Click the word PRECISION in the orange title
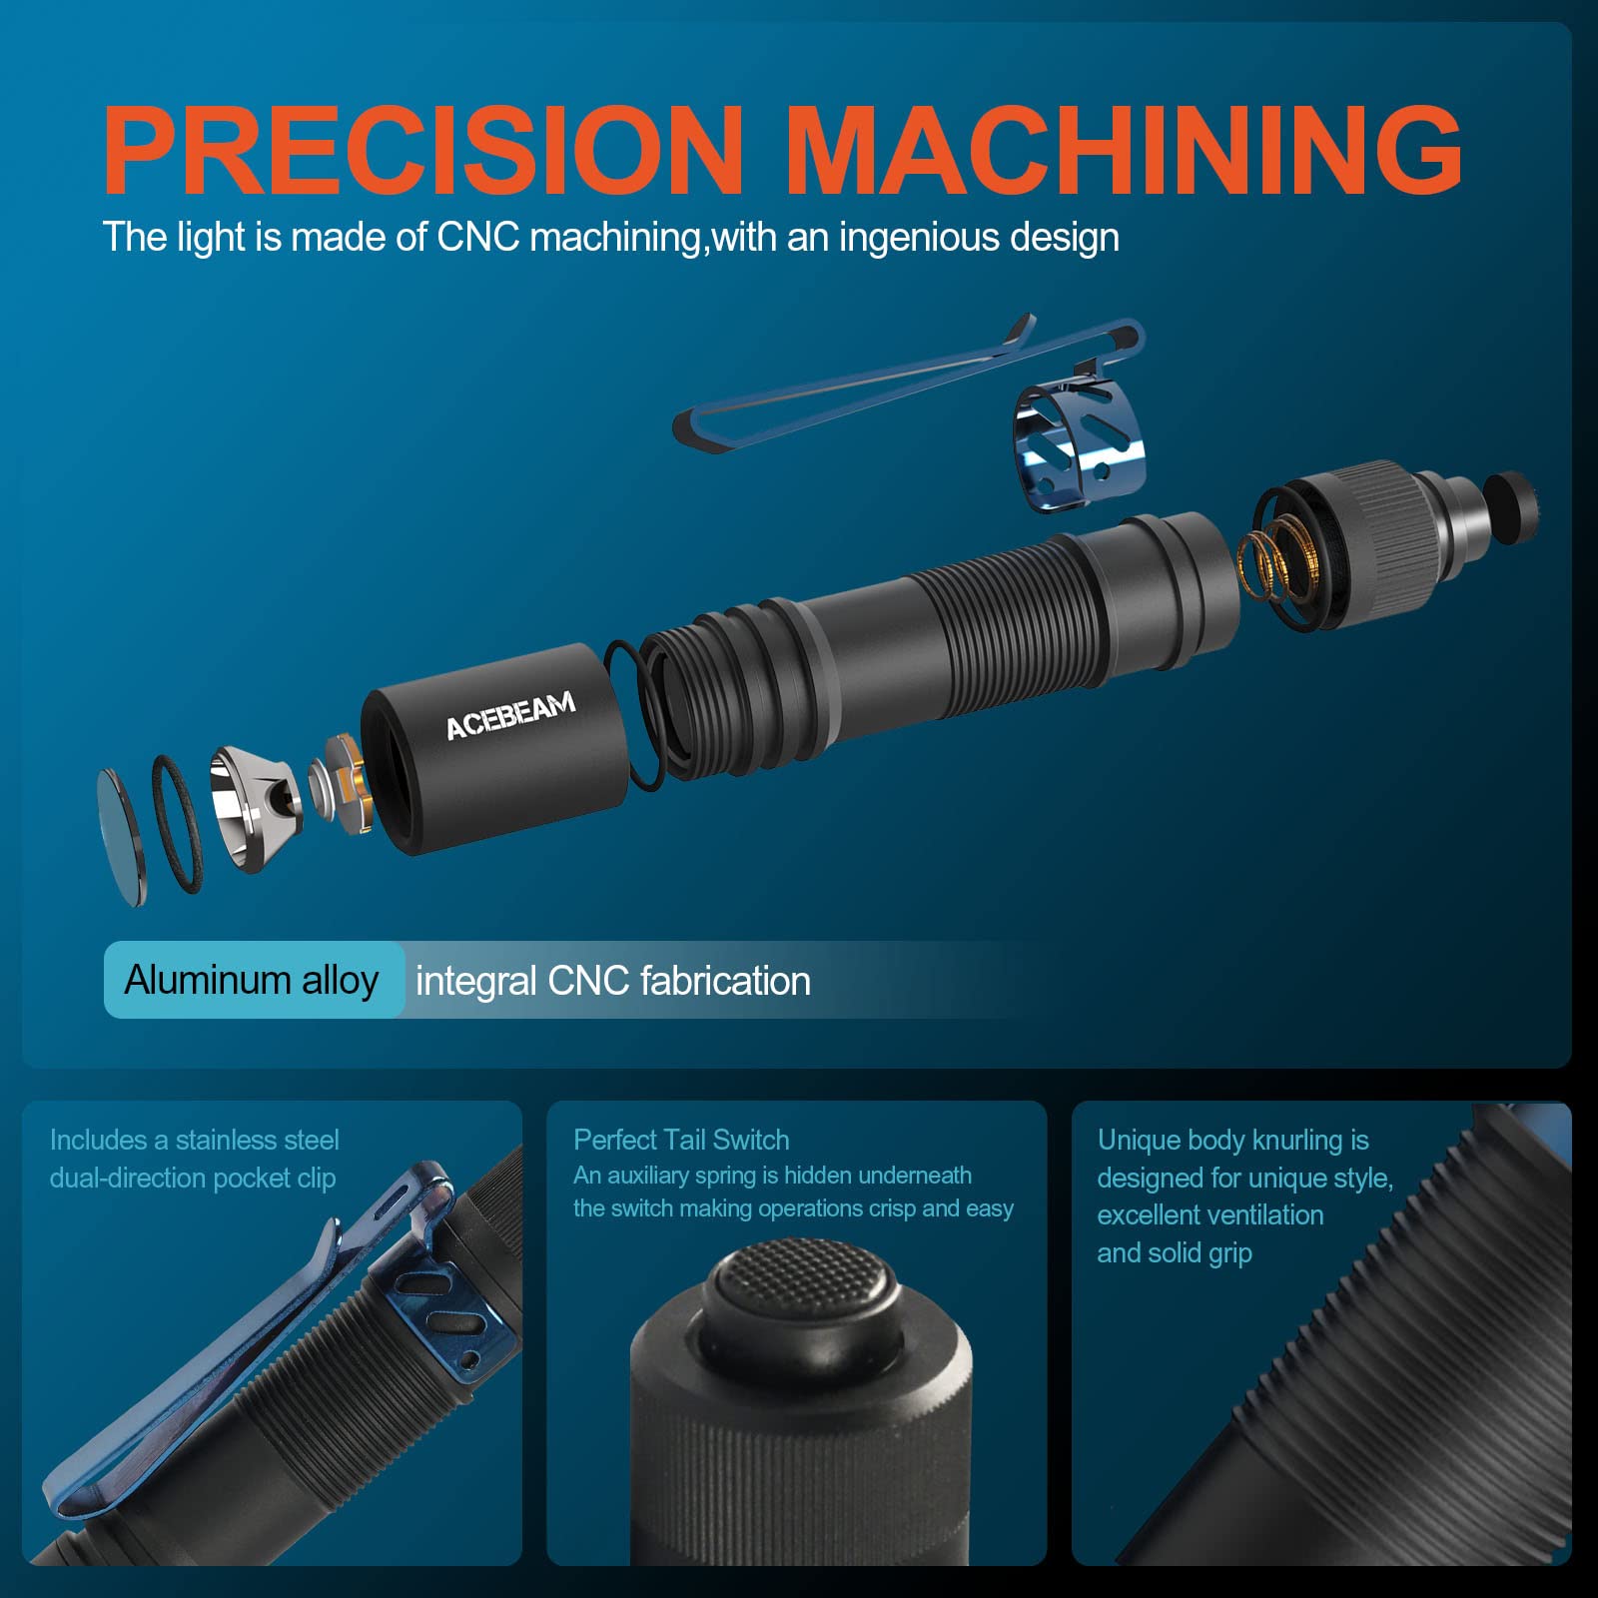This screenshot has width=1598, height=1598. coord(422,149)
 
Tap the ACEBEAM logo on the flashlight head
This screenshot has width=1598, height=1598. coord(510,714)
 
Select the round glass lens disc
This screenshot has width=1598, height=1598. coord(121,837)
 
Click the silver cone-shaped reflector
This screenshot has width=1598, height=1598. coord(254,807)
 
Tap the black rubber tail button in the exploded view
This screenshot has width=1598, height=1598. coord(1510,509)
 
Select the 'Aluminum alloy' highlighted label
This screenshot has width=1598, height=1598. coord(252,980)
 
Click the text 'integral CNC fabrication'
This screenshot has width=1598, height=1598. coord(612,981)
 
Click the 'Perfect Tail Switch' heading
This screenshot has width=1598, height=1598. coord(681,1140)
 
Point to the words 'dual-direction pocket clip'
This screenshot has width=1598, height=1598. coord(193,1179)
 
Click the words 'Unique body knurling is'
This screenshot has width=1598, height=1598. coord(1232,1140)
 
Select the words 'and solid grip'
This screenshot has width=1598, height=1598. coord(1175,1252)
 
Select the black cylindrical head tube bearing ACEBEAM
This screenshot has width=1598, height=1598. coord(494,749)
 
